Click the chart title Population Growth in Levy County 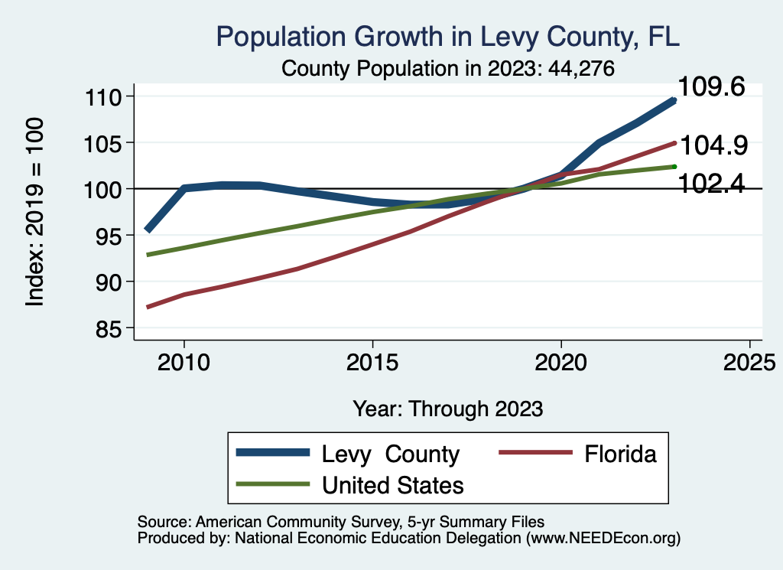tap(448, 36)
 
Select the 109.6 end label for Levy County tap(712, 87)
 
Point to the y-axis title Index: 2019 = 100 tap(35, 212)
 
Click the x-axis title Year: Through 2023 tap(448, 409)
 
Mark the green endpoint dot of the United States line tap(674, 166)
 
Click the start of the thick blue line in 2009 tap(148, 230)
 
